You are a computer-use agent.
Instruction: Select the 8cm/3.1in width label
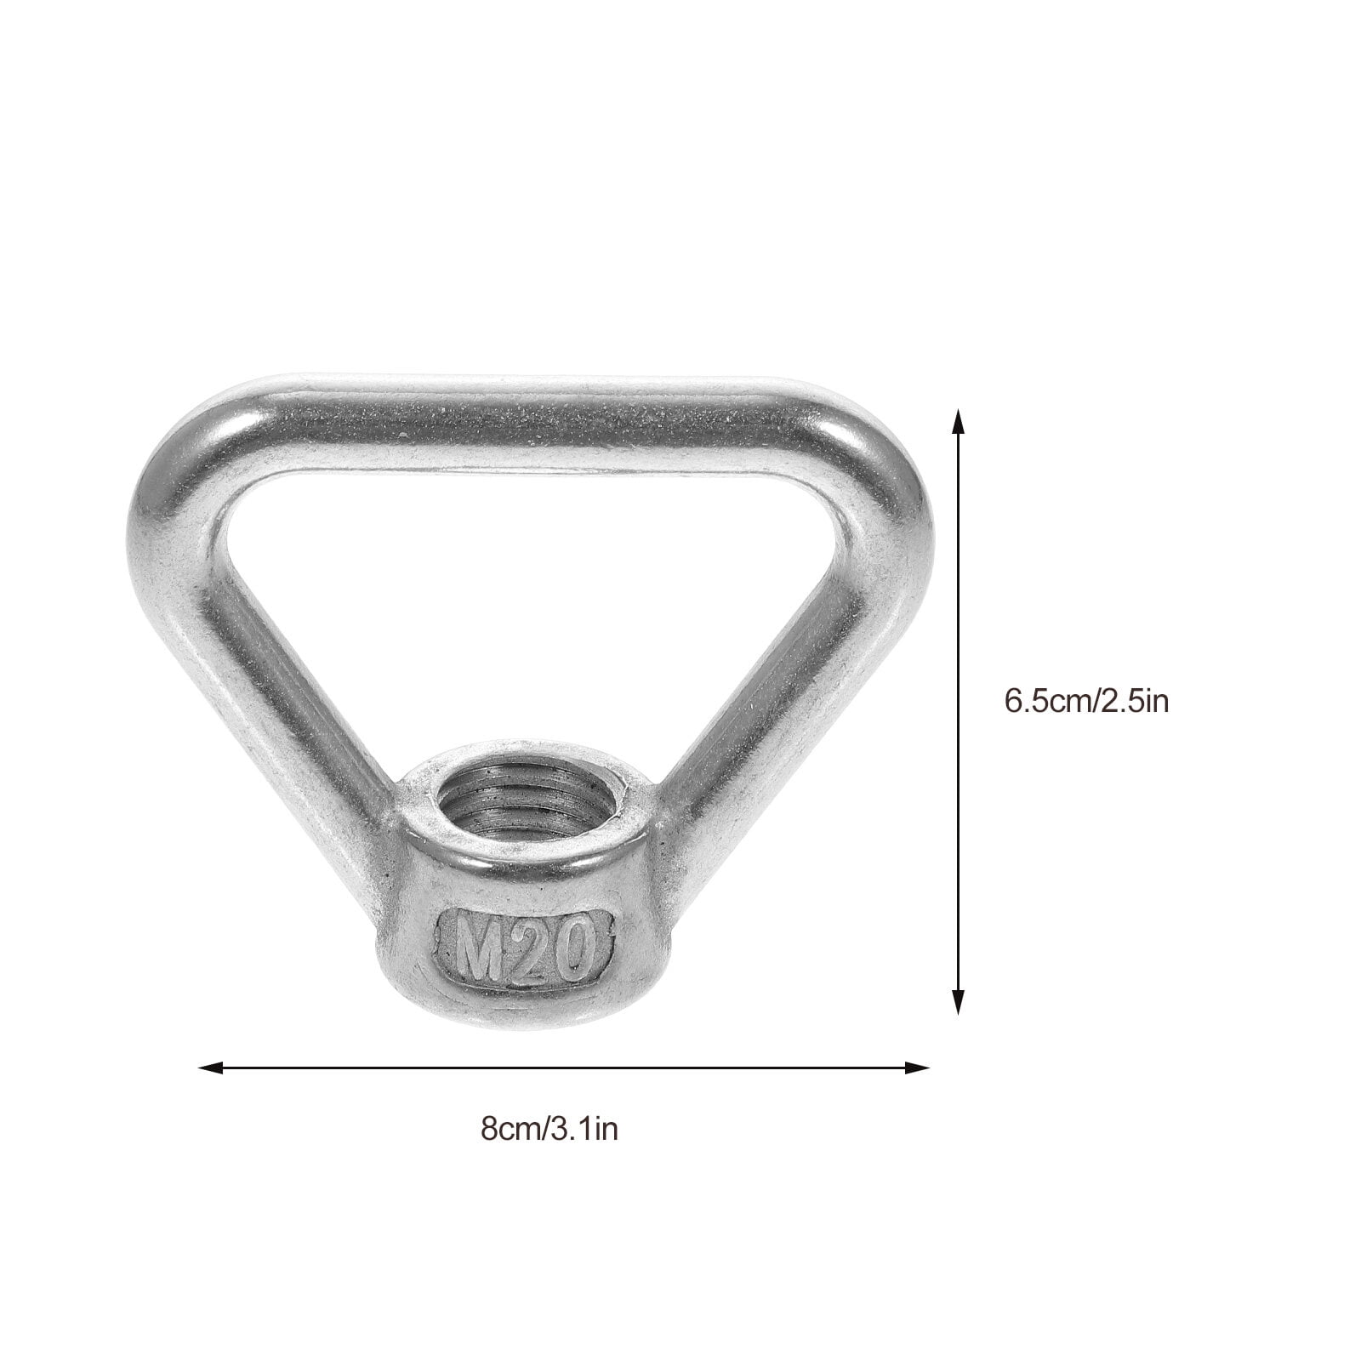(x=550, y=1130)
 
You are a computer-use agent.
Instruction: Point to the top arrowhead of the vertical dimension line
(x=959, y=422)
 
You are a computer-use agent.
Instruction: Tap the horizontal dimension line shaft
(x=561, y=1067)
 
